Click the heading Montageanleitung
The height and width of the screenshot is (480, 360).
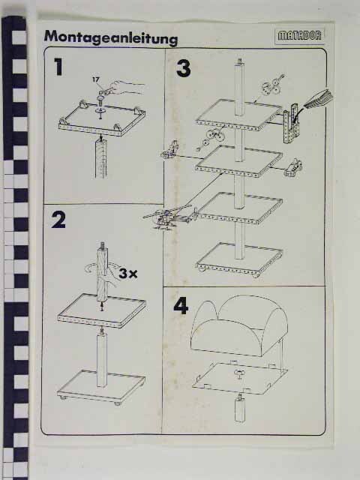click(111, 38)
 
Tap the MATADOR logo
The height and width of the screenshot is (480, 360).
click(300, 36)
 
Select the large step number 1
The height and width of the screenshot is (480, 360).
click(58, 67)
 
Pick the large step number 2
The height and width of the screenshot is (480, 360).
click(58, 220)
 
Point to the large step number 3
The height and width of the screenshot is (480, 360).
click(183, 68)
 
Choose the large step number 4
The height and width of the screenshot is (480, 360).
click(181, 305)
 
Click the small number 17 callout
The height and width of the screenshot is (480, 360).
click(96, 79)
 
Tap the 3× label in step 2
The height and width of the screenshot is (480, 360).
click(128, 273)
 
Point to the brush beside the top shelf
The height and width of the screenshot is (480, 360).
click(316, 100)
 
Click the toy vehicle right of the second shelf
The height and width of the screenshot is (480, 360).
click(293, 167)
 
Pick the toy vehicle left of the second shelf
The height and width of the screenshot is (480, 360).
click(170, 150)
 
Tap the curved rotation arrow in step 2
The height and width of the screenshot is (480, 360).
click(92, 268)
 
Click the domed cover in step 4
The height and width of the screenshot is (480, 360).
click(239, 325)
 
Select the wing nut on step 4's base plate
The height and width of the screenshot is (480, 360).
click(239, 373)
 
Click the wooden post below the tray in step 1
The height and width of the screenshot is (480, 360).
click(101, 158)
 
